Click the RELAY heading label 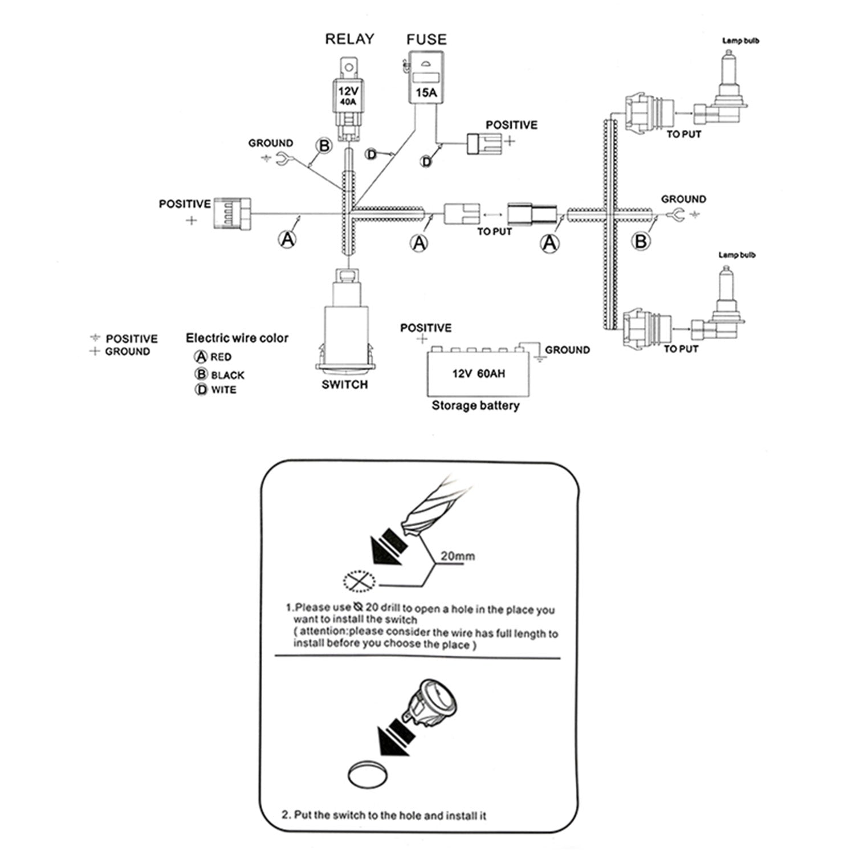coord(349,39)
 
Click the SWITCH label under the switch coord(344,385)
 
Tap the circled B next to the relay coord(324,146)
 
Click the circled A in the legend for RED coord(201,357)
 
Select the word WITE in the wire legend coord(223,390)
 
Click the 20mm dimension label coord(457,556)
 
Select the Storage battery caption coord(475,406)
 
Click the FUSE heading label coord(426,39)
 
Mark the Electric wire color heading coord(237,338)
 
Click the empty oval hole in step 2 coord(367,775)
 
